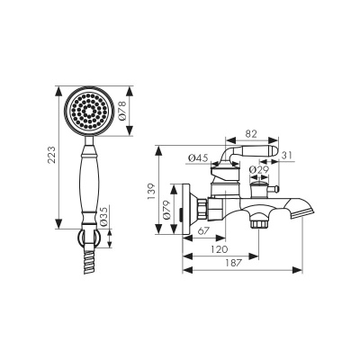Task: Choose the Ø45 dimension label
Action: coord(200,159)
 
